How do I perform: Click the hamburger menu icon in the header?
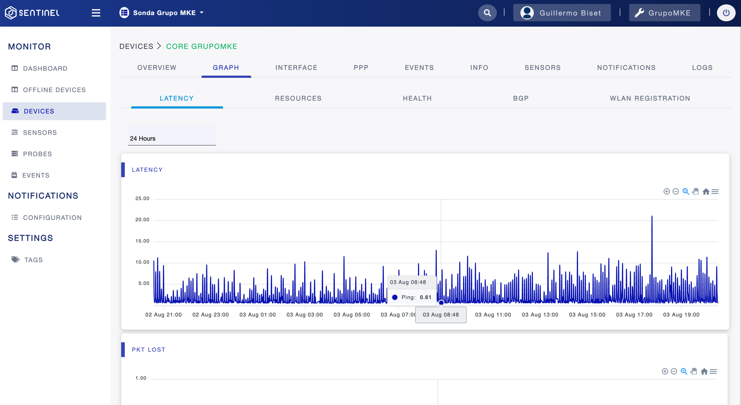[x=96, y=13]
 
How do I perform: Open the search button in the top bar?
[x=487, y=13]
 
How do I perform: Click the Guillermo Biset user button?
[x=562, y=13]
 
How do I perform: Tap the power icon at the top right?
[x=726, y=13]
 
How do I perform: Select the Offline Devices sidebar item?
[x=49, y=90]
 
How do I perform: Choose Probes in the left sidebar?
[x=32, y=154]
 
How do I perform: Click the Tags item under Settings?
[x=27, y=260]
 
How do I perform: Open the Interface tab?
[x=296, y=68]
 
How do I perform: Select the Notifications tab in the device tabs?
[x=626, y=68]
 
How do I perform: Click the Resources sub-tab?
[x=298, y=98]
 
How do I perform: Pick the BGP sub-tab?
[x=521, y=98]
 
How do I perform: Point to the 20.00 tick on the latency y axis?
[x=142, y=220]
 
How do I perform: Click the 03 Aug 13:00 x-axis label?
[x=540, y=315]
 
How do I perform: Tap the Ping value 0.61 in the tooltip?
[x=426, y=297]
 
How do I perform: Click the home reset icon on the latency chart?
[x=706, y=192]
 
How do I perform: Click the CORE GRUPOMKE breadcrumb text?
[x=202, y=47]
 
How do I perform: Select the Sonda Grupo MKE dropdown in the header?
[x=162, y=13]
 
